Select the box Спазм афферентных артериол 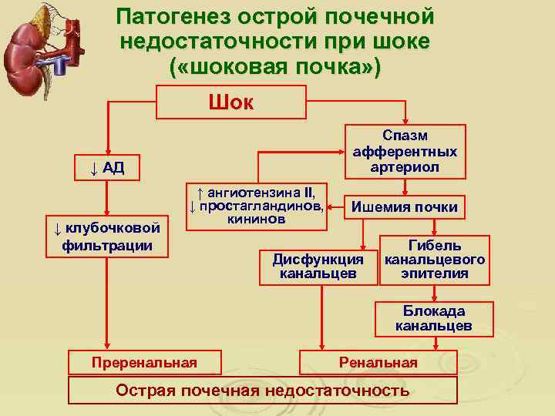point(404,152)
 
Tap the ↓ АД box point(106,168)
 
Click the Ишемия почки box point(404,206)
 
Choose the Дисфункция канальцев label point(318,266)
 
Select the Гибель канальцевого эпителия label point(435,260)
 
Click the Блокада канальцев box point(434,318)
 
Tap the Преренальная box point(144,362)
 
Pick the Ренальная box point(378,362)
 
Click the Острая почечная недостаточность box point(262,390)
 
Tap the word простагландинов point(262,206)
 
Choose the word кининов point(257,219)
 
